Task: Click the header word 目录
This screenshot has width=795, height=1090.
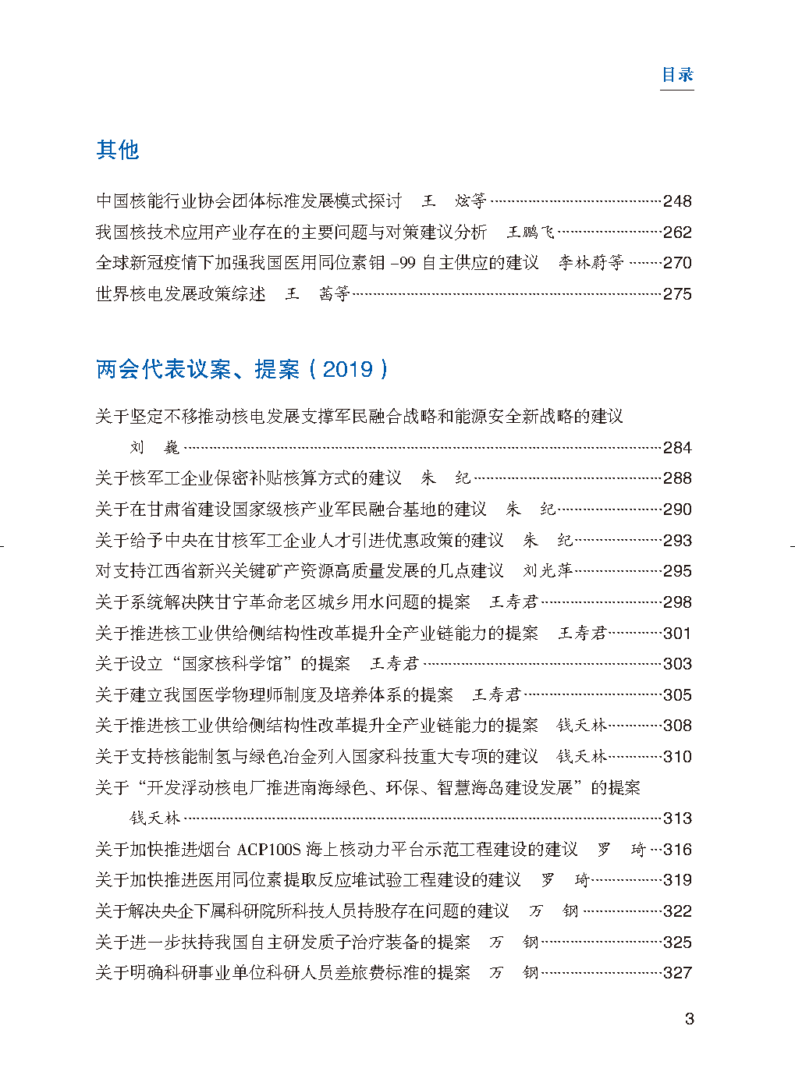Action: (x=677, y=75)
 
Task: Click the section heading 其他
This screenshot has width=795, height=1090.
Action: (x=117, y=150)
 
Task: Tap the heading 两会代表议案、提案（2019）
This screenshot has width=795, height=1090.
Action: (x=242, y=369)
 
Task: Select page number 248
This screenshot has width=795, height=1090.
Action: (x=677, y=201)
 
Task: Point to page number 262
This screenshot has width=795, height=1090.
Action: (x=677, y=233)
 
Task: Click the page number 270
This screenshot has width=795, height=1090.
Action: (x=677, y=263)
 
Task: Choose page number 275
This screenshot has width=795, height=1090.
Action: (x=677, y=294)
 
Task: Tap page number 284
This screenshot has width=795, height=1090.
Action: (x=677, y=448)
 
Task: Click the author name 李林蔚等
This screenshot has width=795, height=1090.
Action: (x=591, y=263)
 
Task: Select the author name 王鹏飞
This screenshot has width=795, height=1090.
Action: (x=531, y=233)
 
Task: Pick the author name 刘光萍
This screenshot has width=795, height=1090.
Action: (x=548, y=571)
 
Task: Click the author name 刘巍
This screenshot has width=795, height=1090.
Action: (x=154, y=448)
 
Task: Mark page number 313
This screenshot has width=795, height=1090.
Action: (x=677, y=818)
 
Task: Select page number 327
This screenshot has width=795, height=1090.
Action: (x=677, y=973)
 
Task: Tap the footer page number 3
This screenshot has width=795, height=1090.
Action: (x=689, y=1019)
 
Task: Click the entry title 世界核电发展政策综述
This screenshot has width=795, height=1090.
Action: (x=180, y=294)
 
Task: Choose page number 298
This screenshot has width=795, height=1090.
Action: (x=677, y=602)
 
